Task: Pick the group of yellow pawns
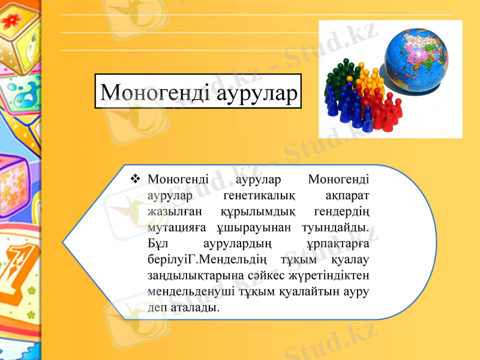click(x=370, y=75)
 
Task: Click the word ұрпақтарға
click(x=337, y=245)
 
